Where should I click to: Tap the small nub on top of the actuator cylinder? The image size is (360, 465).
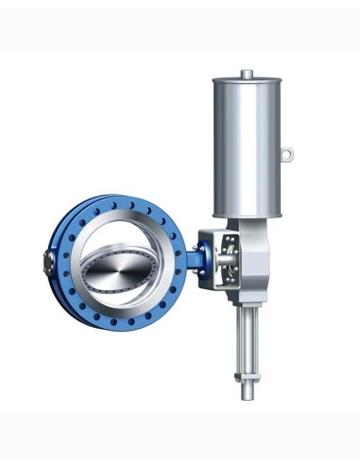(x=246, y=73)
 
